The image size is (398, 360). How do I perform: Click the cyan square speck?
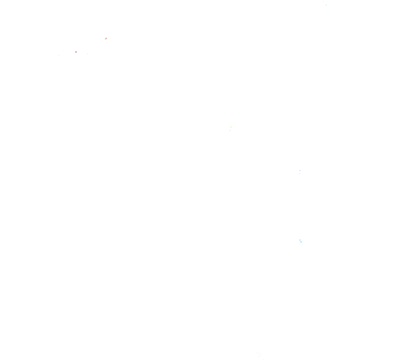pyautogui.click(x=301, y=242)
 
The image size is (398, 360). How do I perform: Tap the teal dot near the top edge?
pyautogui.click(x=326, y=5)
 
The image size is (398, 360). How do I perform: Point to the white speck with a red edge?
pyautogui.click(x=75, y=52)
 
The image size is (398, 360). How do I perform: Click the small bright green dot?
pyautogui.click(x=231, y=128)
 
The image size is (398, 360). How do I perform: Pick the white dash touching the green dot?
pyautogui.click(x=230, y=126)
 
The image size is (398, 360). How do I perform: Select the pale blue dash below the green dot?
pyautogui.click(x=230, y=130)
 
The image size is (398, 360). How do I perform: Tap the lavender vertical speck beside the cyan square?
pyautogui.click(x=300, y=240)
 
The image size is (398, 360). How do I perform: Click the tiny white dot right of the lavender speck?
pyautogui.click(x=302, y=240)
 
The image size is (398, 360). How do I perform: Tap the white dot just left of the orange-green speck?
pyautogui.click(x=101, y=40)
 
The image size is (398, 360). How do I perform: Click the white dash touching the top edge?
pyautogui.click(x=323, y=1)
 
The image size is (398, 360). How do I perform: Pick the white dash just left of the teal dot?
pyautogui.click(x=322, y=6)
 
